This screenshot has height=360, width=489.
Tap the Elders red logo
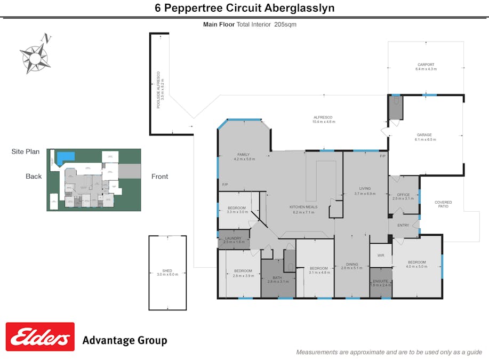tap(40, 337)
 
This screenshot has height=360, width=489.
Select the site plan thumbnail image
tap(94, 180)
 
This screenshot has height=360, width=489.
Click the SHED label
tap(167, 271)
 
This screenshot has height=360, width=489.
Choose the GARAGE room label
tap(424, 135)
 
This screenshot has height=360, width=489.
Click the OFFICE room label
tap(403, 195)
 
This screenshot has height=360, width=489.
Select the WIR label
tap(381, 255)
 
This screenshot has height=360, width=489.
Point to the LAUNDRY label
tap(234, 238)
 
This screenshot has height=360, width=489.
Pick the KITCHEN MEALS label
tap(303, 206)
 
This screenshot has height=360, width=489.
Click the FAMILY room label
tap(243, 155)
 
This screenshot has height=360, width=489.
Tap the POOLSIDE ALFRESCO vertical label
tap(158, 90)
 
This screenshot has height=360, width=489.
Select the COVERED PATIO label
tap(443, 204)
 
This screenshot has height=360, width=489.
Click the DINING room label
tap(352, 265)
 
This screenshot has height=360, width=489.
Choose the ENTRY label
tap(403, 225)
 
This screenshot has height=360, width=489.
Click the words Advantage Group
tap(124, 340)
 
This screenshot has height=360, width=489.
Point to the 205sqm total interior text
tap(285, 25)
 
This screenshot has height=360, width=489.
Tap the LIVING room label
tap(365, 188)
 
